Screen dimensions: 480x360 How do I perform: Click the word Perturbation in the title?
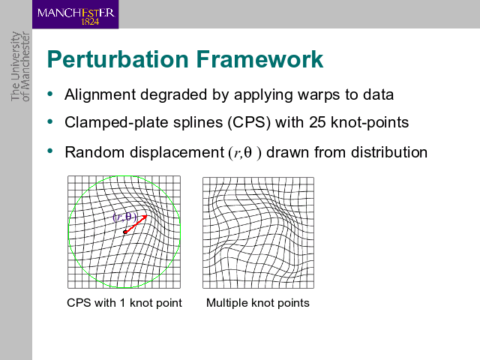point(118,59)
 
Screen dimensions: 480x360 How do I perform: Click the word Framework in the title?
point(259,59)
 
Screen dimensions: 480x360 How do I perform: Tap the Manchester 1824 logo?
point(75,14)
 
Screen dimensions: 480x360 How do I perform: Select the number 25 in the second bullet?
point(317,122)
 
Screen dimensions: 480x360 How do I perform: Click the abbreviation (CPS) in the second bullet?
point(249,122)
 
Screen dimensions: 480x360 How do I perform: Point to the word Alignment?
point(100,94)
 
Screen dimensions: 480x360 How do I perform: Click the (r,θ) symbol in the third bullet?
point(245,153)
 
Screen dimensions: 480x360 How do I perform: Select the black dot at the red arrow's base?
point(125,232)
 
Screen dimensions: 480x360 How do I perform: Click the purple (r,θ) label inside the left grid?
point(124,217)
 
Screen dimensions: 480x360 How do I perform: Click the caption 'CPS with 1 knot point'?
point(124,303)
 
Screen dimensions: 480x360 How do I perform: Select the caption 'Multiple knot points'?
point(258,303)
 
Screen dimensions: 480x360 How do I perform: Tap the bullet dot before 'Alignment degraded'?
point(50,94)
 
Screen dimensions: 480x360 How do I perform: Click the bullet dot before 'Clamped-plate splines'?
point(50,121)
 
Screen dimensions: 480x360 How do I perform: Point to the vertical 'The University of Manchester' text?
point(20,67)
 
